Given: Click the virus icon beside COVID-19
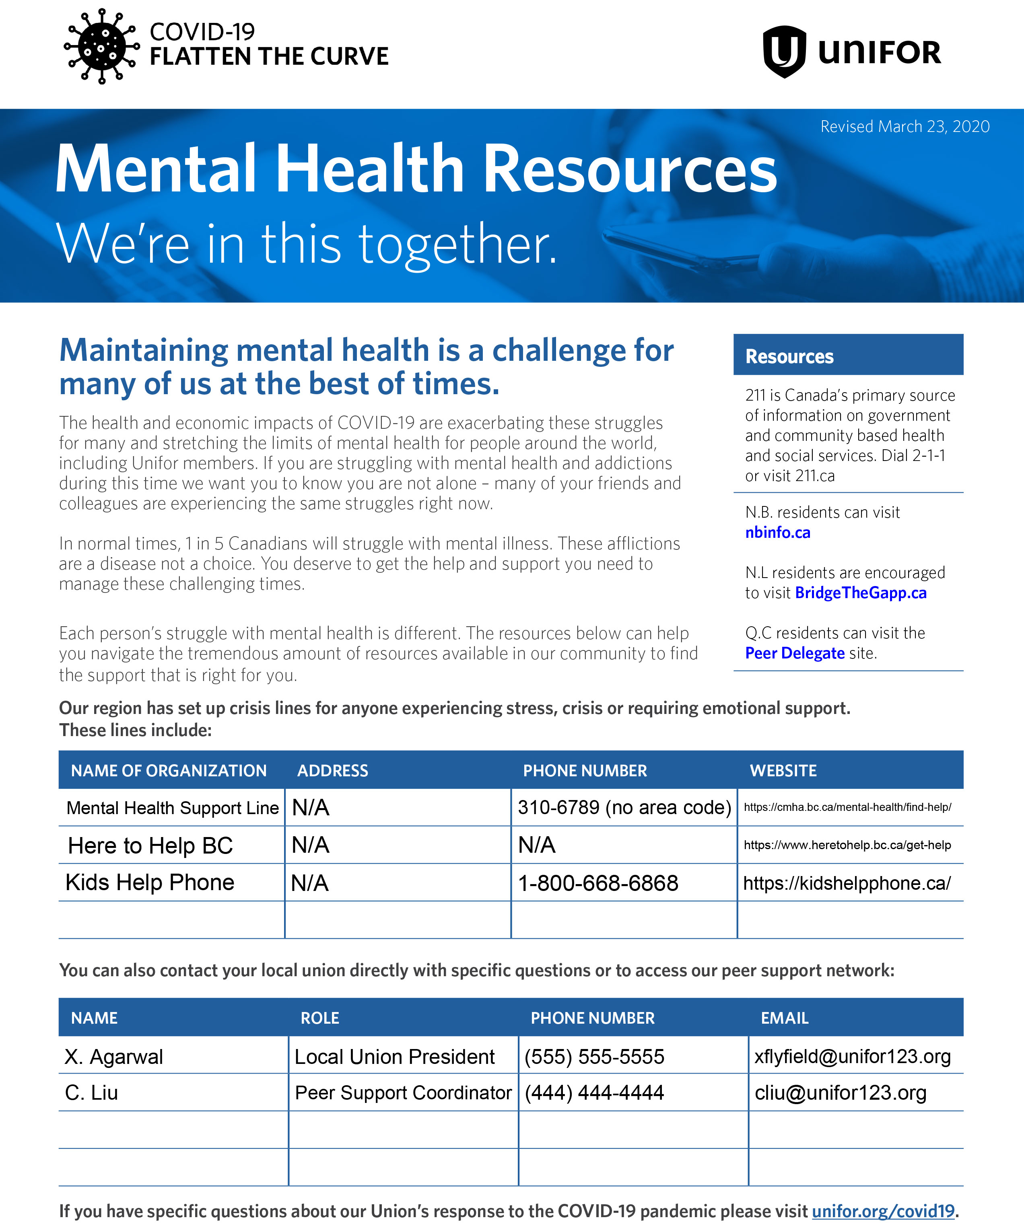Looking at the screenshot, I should coord(101,46).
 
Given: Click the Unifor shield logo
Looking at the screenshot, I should coord(785,51).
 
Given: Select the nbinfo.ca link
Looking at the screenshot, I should coord(777,533).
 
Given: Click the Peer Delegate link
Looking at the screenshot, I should coord(794,653).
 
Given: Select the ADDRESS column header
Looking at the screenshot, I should coord(332,771).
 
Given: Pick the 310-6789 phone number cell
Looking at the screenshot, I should coord(624,807).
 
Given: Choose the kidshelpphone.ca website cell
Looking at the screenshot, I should coord(847,883).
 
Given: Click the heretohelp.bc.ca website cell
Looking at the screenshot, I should coord(847,845).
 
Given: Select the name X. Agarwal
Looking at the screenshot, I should coord(114,1057).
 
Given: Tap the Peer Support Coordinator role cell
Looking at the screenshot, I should coord(403,1092).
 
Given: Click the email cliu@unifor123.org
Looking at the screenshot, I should coord(840,1092).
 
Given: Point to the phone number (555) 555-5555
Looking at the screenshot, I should coord(594,1057).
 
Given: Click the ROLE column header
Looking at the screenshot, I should coord(319,1018).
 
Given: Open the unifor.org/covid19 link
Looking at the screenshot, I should coord(883,1211).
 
